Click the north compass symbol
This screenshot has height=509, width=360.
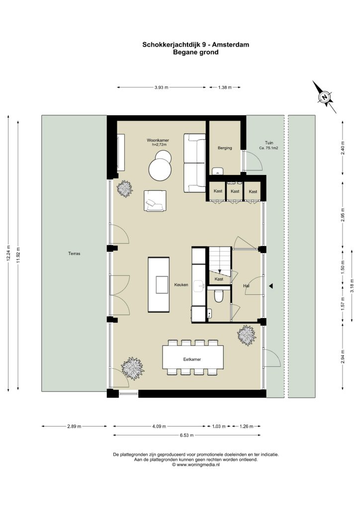click(x=324, y=97)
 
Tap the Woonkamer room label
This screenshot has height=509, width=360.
click(x=158, y=141)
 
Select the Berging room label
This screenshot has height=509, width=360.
click(x=225, y=148)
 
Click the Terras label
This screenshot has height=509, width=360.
click(x=74, y=254)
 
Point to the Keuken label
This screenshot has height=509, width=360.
click(x=181, y=285)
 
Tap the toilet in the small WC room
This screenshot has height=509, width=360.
click(x=219, y=295)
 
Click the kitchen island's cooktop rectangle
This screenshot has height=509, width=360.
click(x=162, y=285)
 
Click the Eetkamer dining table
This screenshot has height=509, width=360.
click(x=193, y=358)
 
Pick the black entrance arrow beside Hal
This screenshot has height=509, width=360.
click(x=271, y=286)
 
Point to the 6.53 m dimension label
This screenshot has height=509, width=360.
click(x=186, y=435)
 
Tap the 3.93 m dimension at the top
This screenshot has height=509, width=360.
click(x=161, y=87)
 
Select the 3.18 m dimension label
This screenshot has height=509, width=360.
click(x=352, y=285)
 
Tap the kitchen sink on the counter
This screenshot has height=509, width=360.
click(x=198, y=286)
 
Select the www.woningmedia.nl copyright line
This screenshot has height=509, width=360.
click(x=196, y=465)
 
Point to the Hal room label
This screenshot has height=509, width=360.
click(x=246, y=286)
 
